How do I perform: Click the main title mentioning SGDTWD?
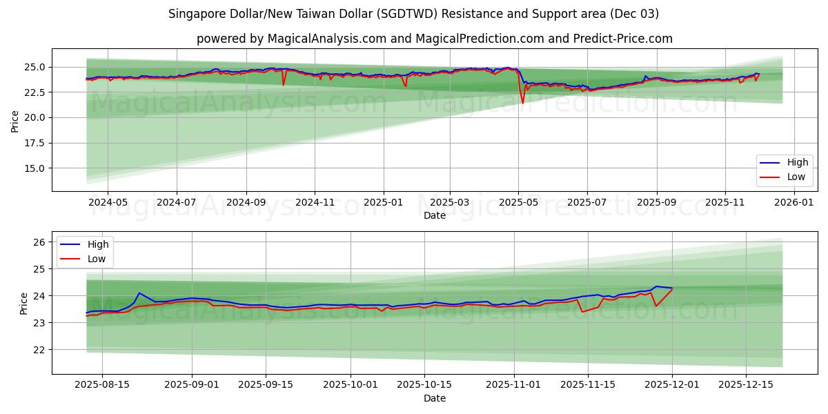(414, 14)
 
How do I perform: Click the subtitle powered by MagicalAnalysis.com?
(435, 39)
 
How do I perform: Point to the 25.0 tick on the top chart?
(34, 67)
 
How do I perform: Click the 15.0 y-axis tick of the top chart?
(34, 168)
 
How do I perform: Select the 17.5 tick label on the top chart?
(34, 143)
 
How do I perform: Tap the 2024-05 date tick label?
(108, 202)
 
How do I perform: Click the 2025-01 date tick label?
(382, 202)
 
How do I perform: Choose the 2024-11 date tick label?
(315, 202)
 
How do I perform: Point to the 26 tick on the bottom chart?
(39, 242)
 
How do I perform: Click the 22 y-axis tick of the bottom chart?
(39, 350)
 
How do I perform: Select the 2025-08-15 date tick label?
(102, 385)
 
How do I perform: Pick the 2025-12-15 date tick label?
(746, 385)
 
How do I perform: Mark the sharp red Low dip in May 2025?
(522, 103)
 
